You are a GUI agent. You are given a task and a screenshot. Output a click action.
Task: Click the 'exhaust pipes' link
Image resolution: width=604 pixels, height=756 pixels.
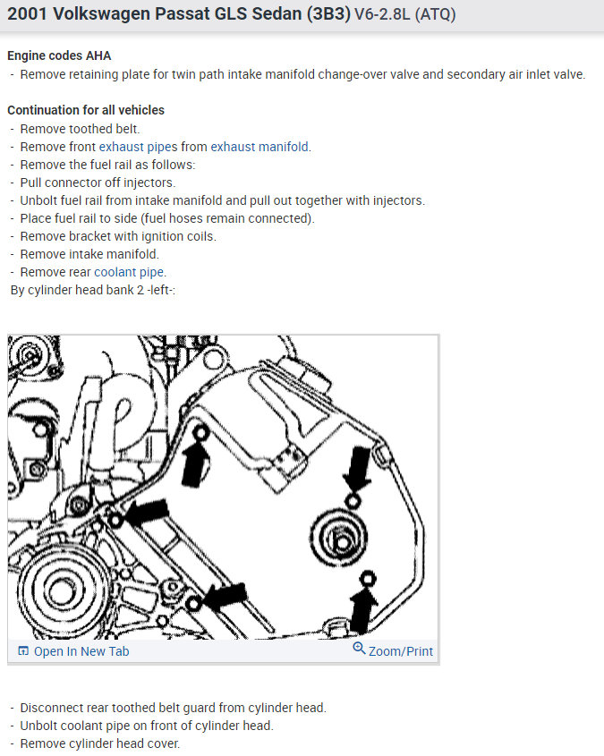(139, 147)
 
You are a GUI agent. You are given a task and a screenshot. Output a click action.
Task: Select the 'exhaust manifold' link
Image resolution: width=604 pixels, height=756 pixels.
(259, 147)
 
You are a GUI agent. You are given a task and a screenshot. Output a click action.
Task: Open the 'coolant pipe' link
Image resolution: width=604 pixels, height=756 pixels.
(129, 272)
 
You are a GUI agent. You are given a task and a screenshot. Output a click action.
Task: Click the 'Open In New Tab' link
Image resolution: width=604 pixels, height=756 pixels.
(81, 651)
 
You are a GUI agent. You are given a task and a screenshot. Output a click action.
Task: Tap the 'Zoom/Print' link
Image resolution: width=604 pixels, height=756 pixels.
(401, 651)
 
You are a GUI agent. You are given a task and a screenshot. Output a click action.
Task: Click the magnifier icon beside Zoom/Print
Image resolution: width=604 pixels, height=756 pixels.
(359, 649)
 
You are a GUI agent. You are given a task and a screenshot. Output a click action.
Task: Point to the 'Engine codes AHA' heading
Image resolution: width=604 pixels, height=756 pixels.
(59, 56)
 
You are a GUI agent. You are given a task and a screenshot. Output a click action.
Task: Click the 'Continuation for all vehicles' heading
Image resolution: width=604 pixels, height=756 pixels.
(86, 110)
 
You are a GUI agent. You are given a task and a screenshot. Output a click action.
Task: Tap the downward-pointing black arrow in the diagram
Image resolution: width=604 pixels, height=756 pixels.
(357, 468)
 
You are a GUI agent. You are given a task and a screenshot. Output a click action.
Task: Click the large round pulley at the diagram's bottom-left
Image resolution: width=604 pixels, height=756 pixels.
(60, 590)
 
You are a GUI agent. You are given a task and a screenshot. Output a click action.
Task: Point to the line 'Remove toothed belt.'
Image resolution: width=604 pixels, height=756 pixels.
(80, 129)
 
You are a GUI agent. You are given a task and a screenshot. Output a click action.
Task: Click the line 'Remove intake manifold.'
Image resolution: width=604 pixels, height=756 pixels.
(89, 255)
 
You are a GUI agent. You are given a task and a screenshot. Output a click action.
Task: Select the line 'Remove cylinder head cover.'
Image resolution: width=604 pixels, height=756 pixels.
(100, 744)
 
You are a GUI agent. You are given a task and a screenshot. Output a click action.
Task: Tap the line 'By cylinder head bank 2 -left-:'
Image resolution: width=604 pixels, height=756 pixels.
(92, 290)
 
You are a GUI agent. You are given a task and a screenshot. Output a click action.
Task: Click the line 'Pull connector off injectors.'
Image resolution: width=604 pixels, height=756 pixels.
(98, 183)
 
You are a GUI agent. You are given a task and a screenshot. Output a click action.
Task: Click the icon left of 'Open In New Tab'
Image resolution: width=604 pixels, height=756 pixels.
(23, 651)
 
